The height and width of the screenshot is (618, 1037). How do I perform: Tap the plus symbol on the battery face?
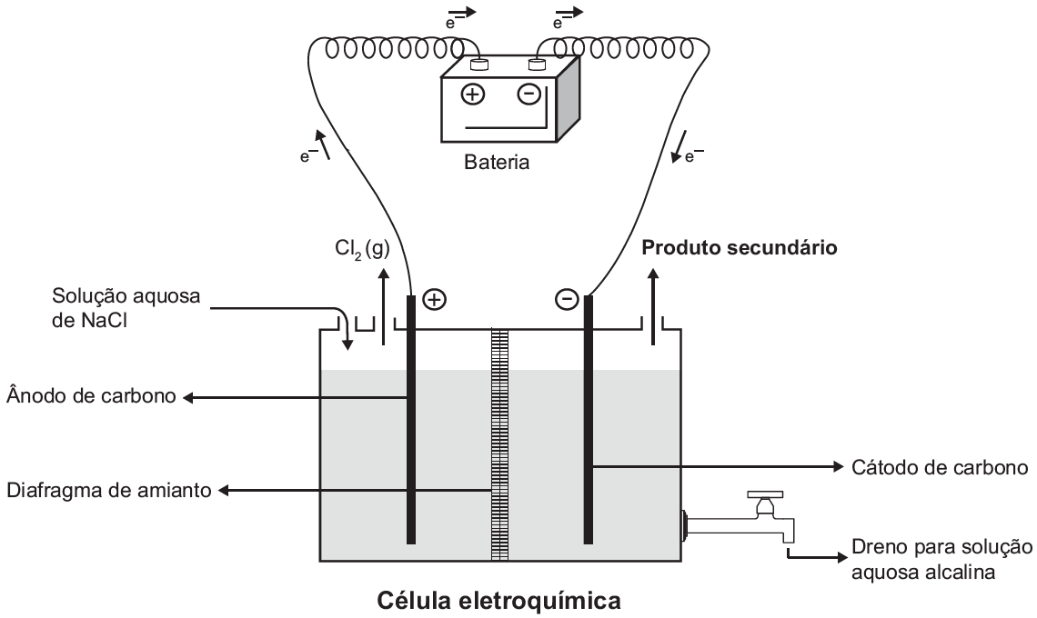click(x=475, y=94)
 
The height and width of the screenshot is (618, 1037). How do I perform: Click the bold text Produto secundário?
click(x=741, y=247)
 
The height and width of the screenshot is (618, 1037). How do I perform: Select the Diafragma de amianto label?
click(x=108, y=492)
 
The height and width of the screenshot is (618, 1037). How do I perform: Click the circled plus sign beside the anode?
click(x=435, y=299)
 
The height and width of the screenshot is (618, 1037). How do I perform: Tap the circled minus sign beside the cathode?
click(x=566, y=299)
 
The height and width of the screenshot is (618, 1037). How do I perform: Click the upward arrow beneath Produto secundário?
click(x=651, y=304)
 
